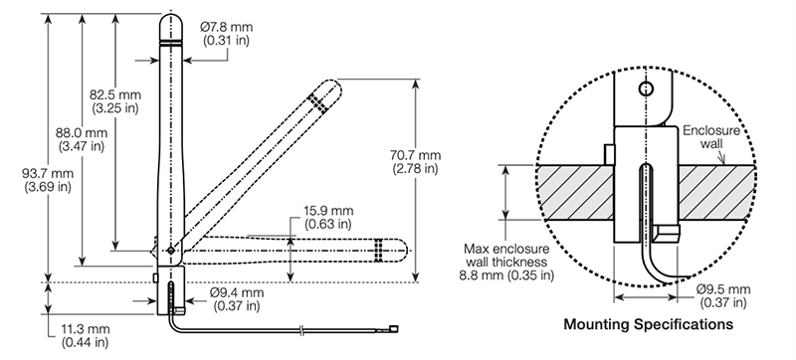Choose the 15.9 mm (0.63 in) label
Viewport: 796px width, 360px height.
click(327, 217)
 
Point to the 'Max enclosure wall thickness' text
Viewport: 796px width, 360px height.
click(508, 260)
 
